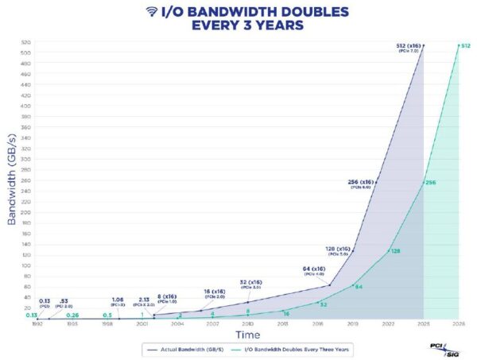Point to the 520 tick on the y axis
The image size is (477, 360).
26,42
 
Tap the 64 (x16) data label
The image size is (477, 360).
311,270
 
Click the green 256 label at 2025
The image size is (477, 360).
432,183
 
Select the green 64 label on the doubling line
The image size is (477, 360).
358,287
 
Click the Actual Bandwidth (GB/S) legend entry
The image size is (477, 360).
188,349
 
